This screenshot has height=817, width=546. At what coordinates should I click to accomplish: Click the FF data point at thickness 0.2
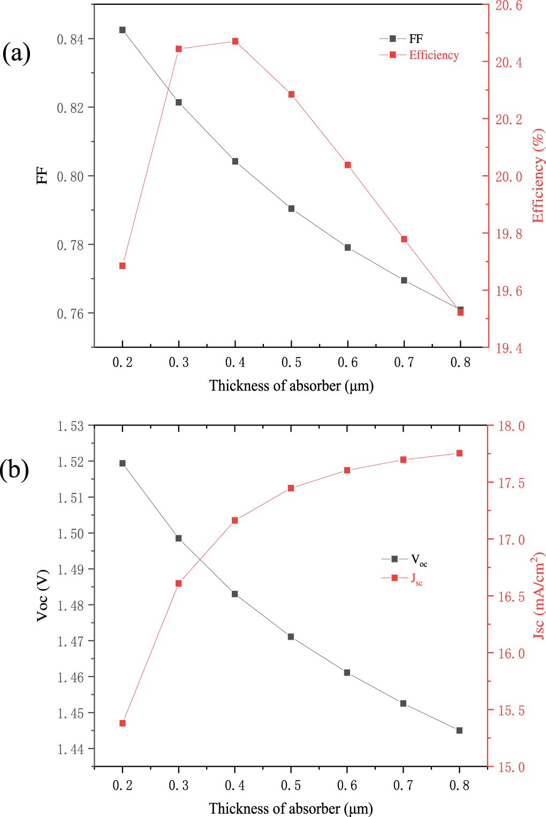coord(123,30)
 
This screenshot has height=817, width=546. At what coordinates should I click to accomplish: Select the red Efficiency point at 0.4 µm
coord(235,41)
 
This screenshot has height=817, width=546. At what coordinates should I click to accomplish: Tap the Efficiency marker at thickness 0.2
coord(123,266)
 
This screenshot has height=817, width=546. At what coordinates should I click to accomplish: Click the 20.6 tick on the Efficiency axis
coord(509,6)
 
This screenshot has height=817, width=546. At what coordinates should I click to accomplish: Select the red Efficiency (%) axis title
coord(537,176)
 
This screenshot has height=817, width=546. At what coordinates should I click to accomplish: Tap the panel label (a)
coord(16,53)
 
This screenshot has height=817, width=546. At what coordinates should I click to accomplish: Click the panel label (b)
coord(15,469)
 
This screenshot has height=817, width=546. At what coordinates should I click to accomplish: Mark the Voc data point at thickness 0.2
coord(123,463)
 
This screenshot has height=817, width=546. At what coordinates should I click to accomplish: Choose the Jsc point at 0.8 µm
coord(459,453)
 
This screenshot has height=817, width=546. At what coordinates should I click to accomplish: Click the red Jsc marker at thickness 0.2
coord(123,723)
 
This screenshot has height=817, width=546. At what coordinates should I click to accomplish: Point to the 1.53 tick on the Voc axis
coord(71,426)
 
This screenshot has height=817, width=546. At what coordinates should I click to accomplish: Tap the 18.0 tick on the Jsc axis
coord(511,426)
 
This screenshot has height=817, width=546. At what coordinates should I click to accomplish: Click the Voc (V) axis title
coord(42,595)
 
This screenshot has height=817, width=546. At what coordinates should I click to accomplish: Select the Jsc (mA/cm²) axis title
coord(537,595)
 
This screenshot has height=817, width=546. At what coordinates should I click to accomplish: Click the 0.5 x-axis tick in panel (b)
coord(291,785)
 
